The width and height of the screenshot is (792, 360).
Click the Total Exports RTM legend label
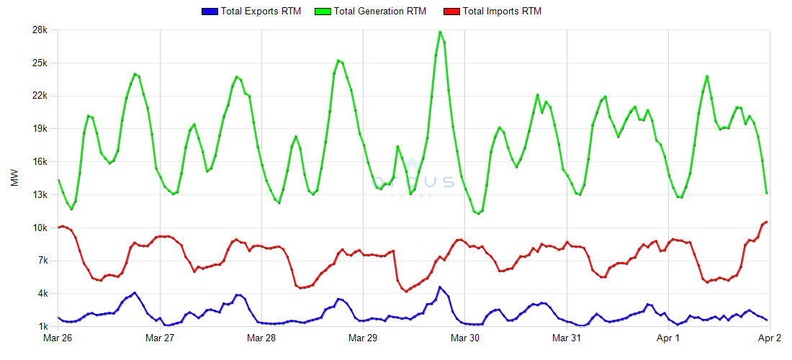[x=261, y=12]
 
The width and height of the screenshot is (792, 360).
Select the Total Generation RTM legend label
[x=380, y=12]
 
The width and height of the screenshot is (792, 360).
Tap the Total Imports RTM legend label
[x=502, y=12]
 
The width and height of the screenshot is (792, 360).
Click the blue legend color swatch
[x=210, y=12]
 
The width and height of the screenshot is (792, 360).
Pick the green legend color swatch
[x=323, y=12]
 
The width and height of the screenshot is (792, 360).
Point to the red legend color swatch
[x=451, y=12]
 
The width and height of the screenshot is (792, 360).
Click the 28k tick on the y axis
[x=39, y=30]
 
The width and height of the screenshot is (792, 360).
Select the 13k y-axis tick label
[x=39, y=195]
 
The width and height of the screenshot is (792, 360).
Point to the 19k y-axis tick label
[x=39, y=129]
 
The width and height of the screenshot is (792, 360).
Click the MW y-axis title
[x=14, y=178]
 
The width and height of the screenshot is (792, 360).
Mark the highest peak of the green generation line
[x=440, y=32]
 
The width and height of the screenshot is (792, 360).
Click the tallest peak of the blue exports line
[x=440, y=287]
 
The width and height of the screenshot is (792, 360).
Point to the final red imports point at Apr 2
[x=767, y=222]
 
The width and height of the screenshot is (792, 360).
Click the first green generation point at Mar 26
[x=58, y=180]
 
